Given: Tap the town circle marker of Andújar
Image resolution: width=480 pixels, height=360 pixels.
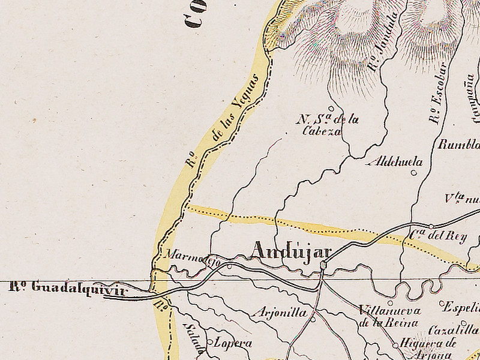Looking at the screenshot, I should (x=323, y=265).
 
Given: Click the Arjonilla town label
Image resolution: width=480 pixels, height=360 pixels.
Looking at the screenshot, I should (x=281, y=313).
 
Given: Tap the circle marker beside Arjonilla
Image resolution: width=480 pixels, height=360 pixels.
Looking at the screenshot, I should (x=313, y=319).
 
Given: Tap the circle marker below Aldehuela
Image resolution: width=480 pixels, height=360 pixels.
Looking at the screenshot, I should (x=413, y=173).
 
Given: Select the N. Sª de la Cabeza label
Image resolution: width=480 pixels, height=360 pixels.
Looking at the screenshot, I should (x=327, y=125).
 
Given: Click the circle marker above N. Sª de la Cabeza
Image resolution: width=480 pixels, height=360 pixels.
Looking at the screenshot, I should (x=331, y=109).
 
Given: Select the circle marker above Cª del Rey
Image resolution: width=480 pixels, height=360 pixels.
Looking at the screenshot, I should (x=431, y=226).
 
